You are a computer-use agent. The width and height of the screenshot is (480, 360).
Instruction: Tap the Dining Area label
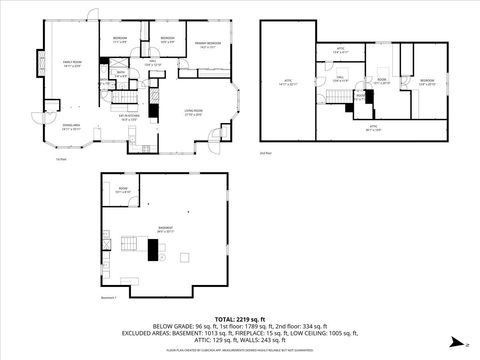pyautogui.click(x=69, y=128)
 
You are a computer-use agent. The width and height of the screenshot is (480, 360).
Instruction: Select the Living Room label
pyautogui.click(x=193, y=113)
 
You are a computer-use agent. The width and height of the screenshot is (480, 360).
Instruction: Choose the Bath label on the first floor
pyautogui.click(x=121, y=73)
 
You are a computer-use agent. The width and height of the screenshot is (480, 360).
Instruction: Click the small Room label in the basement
pyautogui.click(x=123, y=190)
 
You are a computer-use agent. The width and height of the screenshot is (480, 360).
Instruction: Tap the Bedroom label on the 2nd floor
pyautogui.click(x=427, y=82)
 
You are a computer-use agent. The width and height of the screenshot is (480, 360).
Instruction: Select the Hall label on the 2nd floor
pyautogui.click(x=339, y=79)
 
